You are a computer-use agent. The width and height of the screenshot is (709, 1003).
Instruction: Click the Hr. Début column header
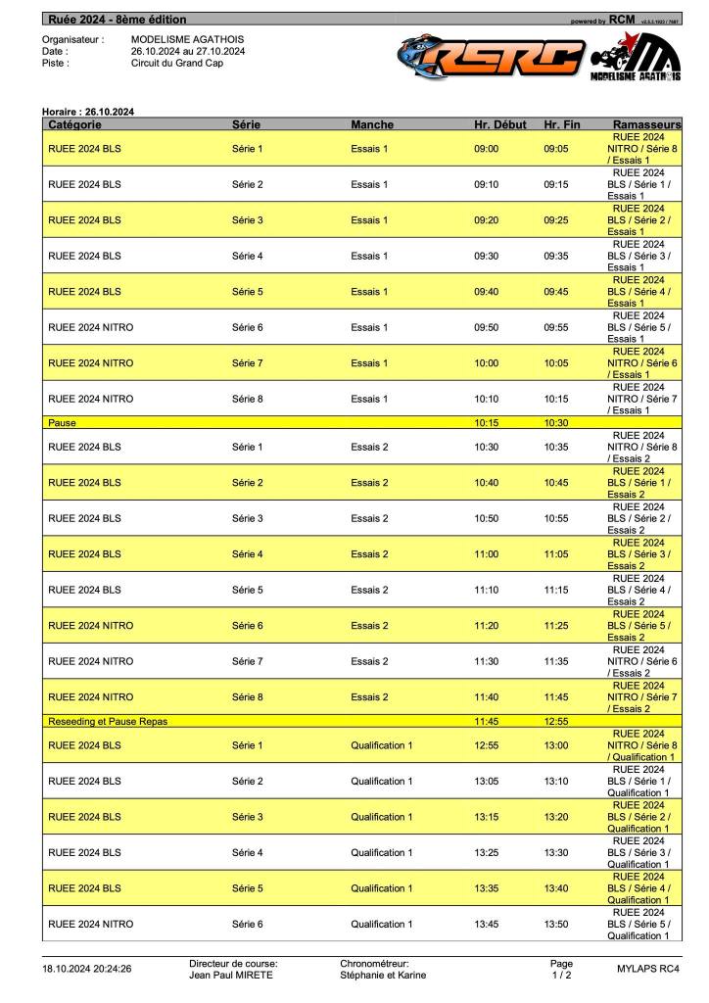click(499, 125)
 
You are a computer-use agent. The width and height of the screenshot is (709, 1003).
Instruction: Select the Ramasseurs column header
click(645, 125)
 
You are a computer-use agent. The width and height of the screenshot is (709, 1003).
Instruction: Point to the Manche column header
click(372, 125)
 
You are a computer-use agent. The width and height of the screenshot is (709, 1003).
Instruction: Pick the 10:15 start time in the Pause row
click(487, 423)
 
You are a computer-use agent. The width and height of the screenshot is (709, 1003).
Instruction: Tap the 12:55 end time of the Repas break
click(556, 721)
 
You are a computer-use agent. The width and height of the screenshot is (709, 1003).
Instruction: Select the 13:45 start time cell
click(487, 924)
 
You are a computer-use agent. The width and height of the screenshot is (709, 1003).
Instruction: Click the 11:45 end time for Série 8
click(556, 697)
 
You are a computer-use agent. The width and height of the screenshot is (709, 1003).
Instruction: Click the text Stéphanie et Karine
click(383, 975)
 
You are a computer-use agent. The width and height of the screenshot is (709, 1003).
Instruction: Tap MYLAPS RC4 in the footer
click(647, 969)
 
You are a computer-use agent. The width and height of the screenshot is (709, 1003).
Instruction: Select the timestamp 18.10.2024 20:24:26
click(86, 969)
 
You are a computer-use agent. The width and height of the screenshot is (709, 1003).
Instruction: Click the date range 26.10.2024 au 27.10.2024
click(188, 51)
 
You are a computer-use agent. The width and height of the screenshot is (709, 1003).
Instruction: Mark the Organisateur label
click(72, 39)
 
